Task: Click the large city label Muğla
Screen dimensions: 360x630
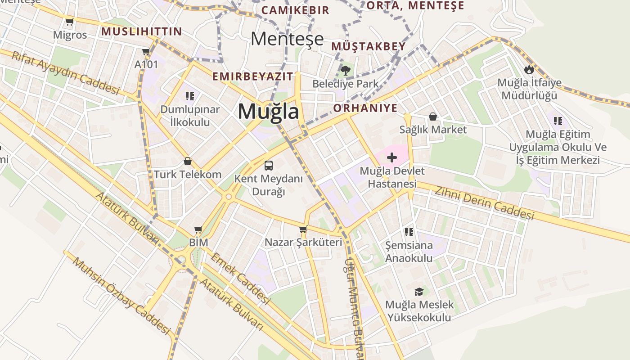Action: click(x=268, y=111)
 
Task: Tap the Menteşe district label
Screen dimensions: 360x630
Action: click(x=287, y=39)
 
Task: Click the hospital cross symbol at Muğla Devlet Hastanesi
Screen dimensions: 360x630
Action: click(x=392, y=157)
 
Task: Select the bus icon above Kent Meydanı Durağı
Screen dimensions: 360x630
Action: click(x=269, y=165)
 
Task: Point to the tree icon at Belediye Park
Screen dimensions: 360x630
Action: click(x=346, y=70)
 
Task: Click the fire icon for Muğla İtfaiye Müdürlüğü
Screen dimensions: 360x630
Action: click(x=529, y=69)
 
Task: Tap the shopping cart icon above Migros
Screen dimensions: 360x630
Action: click(x=69, y=22)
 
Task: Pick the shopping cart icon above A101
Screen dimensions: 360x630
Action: click(x=146, y=51)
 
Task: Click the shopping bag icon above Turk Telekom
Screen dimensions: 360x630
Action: click(x=188, y=161)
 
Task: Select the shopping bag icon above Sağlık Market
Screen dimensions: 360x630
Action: click(x=433, y=117)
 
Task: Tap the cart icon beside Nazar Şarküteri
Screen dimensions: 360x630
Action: click(x=303, y=229)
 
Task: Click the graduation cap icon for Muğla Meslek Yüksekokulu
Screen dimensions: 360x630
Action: click(x=419, y=292)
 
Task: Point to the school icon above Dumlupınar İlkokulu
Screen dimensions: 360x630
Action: click(x=189, y=96)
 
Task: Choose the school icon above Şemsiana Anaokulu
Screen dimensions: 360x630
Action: click(x=409, y=232)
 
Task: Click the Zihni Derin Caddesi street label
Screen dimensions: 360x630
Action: click(x=484, y=203)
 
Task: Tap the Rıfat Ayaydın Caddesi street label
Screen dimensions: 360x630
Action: click(x=66, y=72)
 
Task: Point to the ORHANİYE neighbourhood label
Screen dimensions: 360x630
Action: click(x=365, y=108)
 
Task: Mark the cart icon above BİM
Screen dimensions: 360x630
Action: click(x=198, y=229)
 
